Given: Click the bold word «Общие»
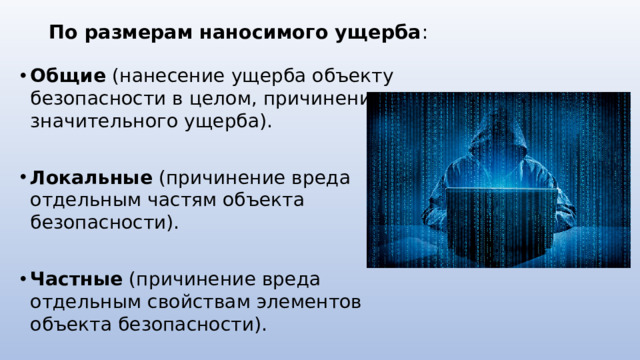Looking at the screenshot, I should click(x=68, y=76).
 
